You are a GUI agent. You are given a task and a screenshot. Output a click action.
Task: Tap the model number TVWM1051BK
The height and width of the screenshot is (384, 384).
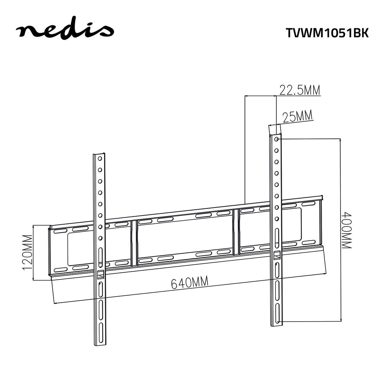click(327, 33)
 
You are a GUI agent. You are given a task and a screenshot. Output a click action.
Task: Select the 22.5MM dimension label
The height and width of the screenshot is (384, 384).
click(300, 90)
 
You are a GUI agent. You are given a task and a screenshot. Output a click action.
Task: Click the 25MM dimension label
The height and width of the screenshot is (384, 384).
click(297, 116)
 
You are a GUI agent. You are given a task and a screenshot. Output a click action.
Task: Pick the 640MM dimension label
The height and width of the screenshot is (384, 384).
click(189, 283)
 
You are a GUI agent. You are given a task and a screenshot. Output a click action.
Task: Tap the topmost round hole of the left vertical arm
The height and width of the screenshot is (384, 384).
click(100, 158)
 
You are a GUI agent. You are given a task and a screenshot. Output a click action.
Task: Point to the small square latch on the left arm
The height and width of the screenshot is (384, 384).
click(100, 274)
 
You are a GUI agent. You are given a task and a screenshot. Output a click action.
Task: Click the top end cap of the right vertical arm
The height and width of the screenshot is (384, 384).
click(275, 130)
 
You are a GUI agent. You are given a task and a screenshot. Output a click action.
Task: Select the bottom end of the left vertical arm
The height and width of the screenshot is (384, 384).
click(100, 344)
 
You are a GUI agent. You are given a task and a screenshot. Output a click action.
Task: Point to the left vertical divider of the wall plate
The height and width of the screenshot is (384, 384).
click(134, 243)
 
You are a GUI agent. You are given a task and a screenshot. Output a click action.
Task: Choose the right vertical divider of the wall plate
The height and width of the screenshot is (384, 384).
click(236, 232)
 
